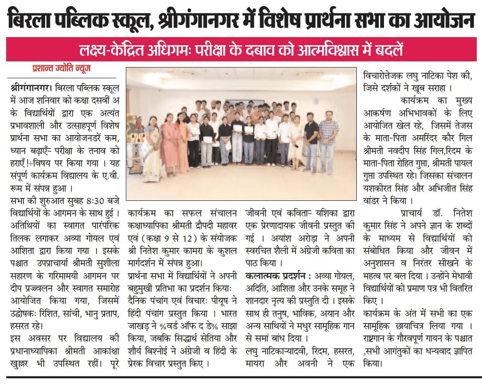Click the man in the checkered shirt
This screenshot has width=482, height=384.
pos(328,136)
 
